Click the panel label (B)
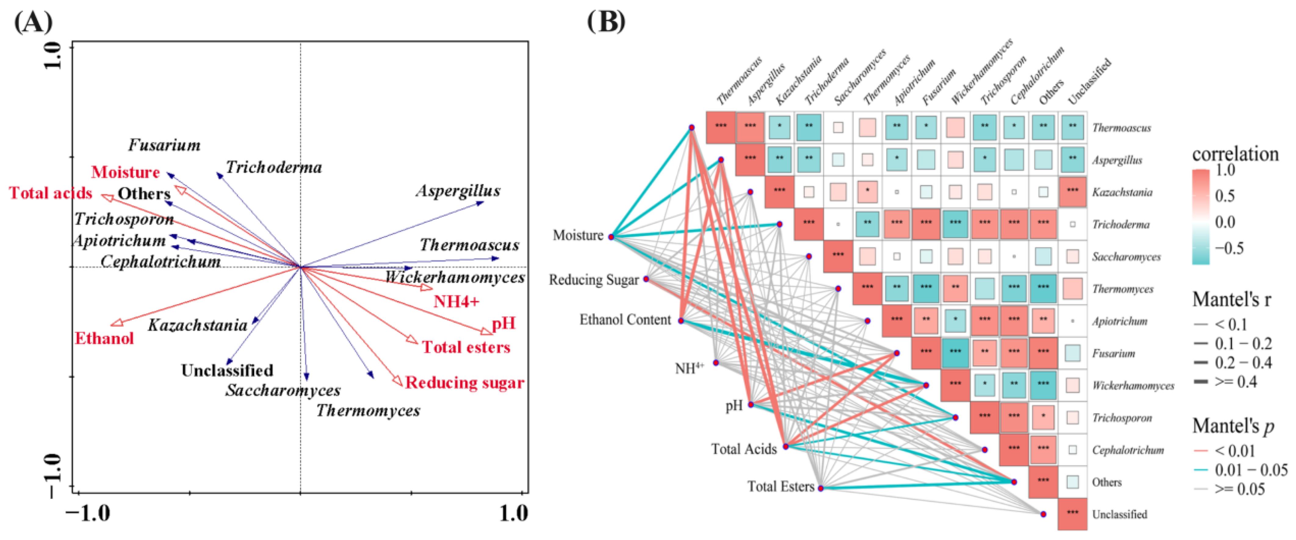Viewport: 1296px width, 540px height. (606, 23)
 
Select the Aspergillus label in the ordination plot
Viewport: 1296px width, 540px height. (458, 191)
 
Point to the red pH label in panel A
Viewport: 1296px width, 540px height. (504, 323)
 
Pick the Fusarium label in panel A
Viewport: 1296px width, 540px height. (164, 145)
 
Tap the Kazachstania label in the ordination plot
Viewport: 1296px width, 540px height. (197, 325)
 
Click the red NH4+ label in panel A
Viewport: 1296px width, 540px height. (456, 301)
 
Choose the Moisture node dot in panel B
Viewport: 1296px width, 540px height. (611, 237)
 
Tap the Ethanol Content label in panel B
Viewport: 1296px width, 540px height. (625, 320)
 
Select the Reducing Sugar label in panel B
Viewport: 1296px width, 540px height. (594, 280)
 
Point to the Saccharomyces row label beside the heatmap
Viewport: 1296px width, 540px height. (1126, 257)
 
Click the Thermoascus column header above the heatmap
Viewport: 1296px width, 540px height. (738, 81)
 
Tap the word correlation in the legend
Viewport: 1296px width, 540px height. (1235, 154)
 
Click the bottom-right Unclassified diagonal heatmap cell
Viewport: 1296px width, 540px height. (1072, 513)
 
